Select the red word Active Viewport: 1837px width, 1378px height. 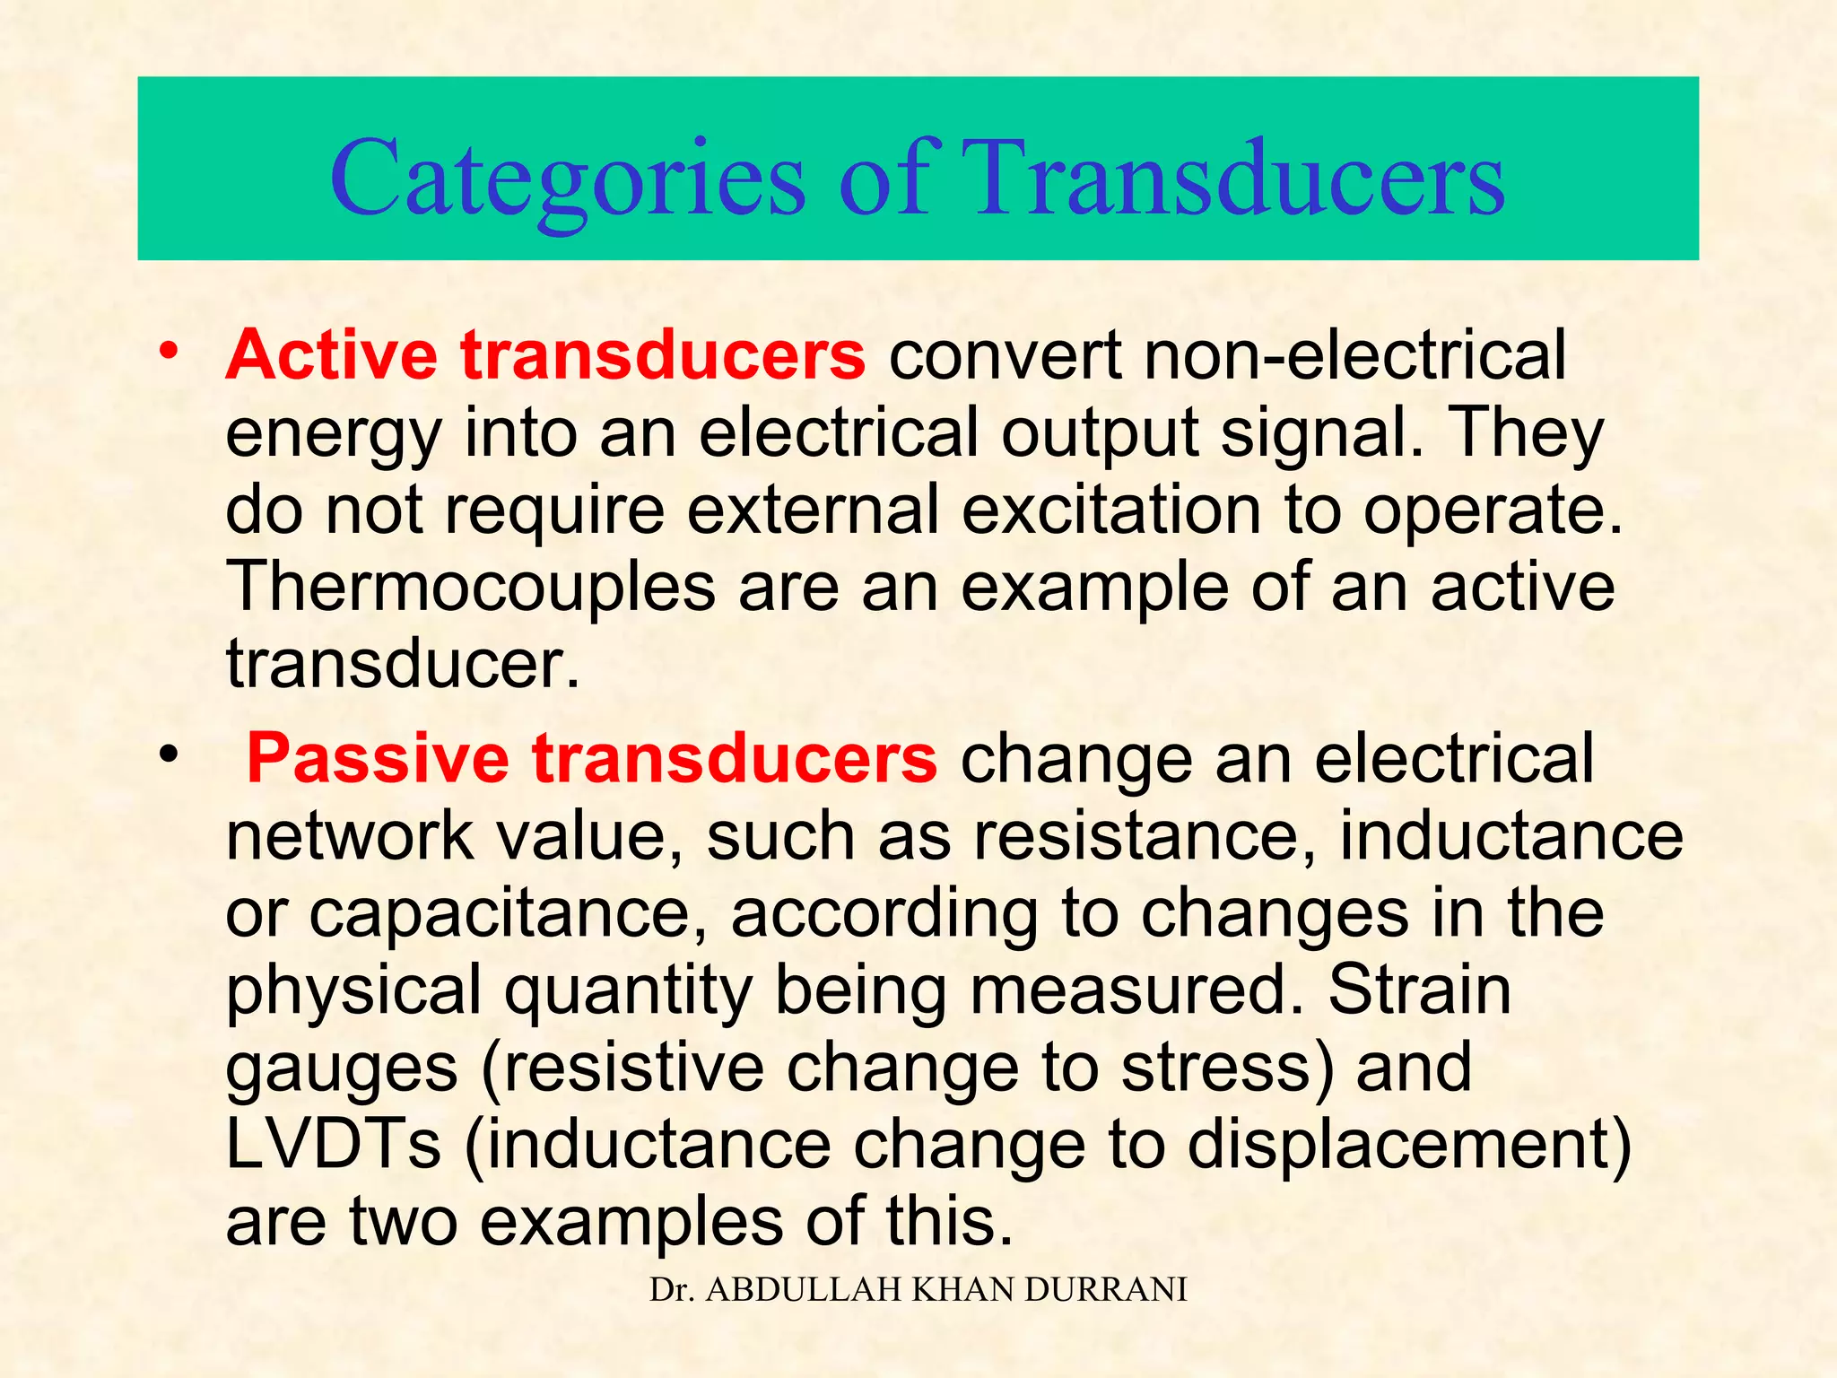pos(331,355)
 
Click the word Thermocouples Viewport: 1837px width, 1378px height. pos(471,588)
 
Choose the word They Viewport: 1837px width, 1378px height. pos(1525,433)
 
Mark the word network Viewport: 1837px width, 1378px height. pos(350,837)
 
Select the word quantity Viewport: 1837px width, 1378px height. pos(628,991)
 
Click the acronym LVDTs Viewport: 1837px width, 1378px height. pos(334,1146)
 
